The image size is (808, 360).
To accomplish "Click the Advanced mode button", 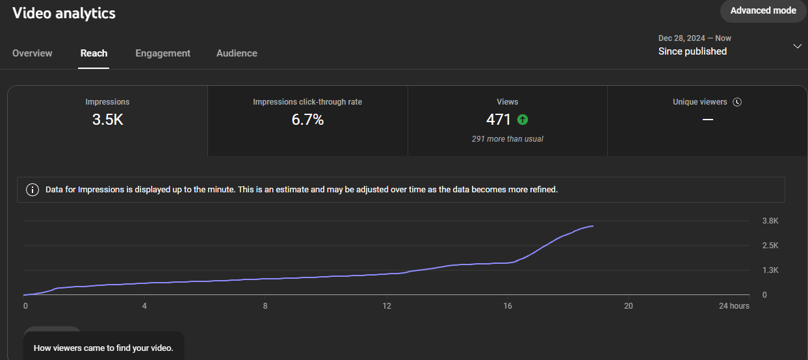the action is [x=763, y=11].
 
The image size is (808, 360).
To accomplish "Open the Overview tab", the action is [x=33, y=53].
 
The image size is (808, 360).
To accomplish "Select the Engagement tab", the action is [x=163, y=53].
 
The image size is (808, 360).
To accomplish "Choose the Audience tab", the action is [x=237, y=53].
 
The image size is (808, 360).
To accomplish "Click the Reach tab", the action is [x=94, y=53].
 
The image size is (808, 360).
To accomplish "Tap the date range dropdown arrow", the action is [x=797, y=46].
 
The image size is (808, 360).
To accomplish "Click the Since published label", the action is [x=692, y=51].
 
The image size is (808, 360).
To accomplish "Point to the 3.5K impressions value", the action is [x=107, y=120].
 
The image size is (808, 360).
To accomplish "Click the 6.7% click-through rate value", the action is [x=307, y=120].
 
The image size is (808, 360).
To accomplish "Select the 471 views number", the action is [x=498, y=120].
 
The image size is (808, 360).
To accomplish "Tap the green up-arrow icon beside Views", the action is [x=523, y=120].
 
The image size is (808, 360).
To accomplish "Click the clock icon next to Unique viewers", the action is [x=737, y=102].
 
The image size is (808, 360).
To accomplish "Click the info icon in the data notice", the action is [x=33, y=190].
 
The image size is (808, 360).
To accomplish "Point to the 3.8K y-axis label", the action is [x=770, y=221].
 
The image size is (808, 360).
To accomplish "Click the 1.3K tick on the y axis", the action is [x=770, y=270].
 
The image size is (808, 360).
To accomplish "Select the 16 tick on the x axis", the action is [x=508, y=306].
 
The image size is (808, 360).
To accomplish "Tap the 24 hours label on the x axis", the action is [x=734, y=306].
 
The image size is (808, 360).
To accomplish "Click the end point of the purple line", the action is [x=593, y=226].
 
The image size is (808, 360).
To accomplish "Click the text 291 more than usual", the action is [x=507, y=139].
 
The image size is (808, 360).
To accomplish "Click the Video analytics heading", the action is [x=64, y=14].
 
